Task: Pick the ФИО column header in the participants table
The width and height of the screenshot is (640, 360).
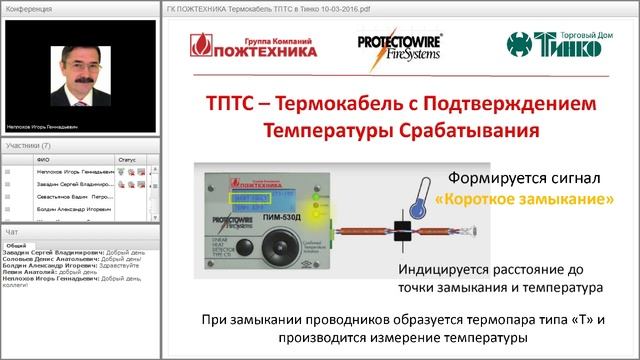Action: (x=42, y=159)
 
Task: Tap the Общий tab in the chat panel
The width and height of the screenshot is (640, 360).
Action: (x=17, y=244)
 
